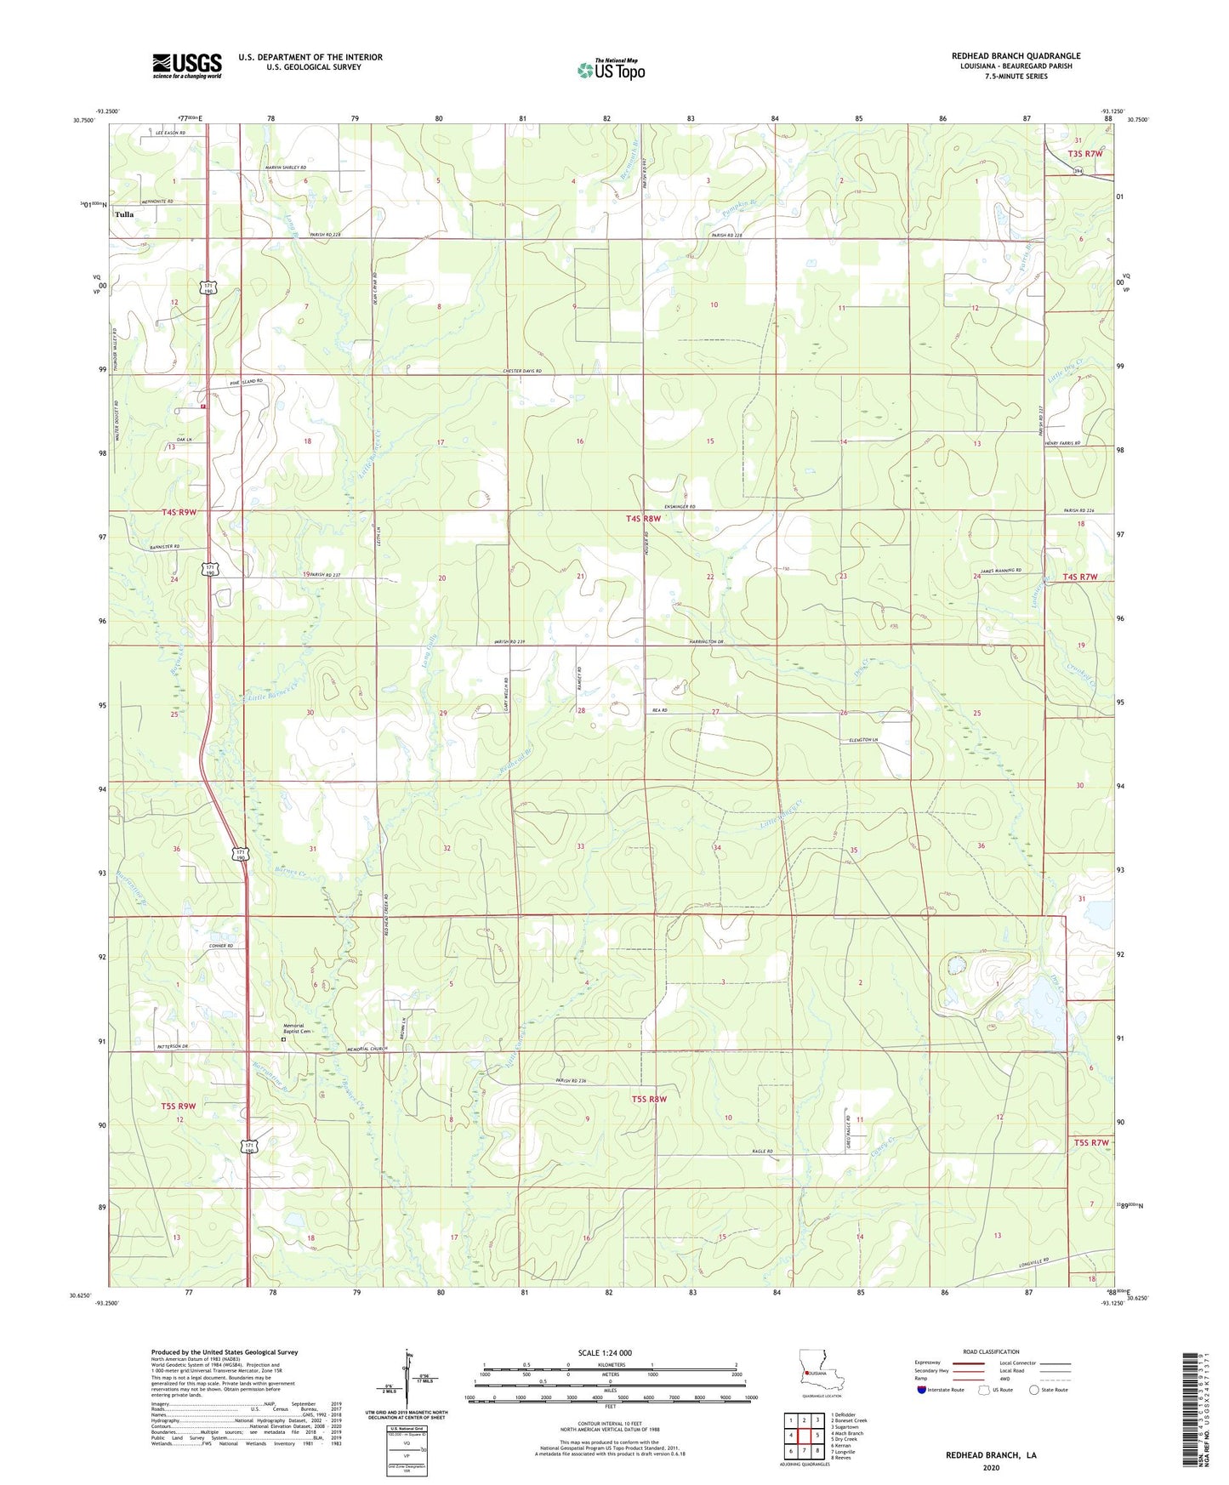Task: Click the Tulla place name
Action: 124,215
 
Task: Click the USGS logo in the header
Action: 186,65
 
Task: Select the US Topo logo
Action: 611,71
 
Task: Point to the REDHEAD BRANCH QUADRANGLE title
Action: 1016,56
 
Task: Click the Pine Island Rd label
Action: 247,382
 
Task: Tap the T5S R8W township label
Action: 649,1100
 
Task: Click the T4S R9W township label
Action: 179,512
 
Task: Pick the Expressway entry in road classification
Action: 927,1362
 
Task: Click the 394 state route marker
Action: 1078,172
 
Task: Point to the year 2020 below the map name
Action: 990,1467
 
